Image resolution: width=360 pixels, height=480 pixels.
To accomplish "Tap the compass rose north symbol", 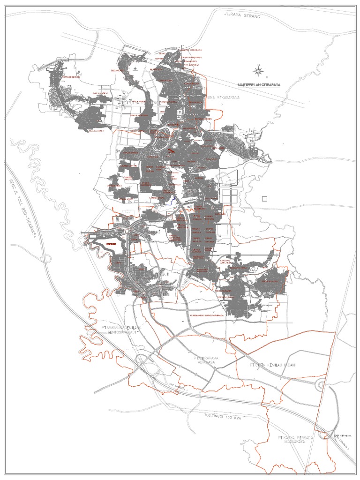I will [x=257, y=71].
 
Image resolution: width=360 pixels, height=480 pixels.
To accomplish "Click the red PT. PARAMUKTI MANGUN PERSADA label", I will [x=206, y=315].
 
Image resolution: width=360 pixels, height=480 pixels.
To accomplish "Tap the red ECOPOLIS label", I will [x=111, y=244].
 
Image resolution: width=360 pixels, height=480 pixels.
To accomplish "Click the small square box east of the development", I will [x=264, y=198].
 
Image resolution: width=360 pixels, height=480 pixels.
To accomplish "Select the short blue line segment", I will [x=172, y=200].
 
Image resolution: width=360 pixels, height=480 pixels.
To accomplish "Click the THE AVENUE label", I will [x=118, y=70].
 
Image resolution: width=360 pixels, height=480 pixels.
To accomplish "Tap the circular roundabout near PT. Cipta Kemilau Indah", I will [x=322, y=385].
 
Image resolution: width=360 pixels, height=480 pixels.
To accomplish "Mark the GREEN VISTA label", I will [x=137, y=130].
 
